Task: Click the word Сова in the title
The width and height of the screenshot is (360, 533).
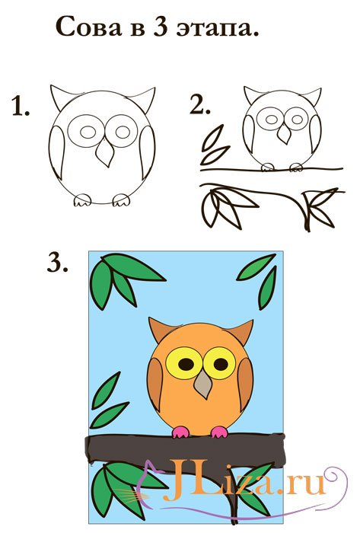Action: pyautogui.click(x=88, y=27)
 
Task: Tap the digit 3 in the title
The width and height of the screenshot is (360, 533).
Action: pyautogui.click(x=161, y=27)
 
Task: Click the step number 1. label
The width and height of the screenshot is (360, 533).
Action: pyautogui.click(x=21, y=106)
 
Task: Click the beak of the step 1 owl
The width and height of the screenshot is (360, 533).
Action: pyautogui.click(x=105, y=154)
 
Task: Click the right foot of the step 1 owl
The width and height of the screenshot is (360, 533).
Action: pyautogui.click(x=121, y=199)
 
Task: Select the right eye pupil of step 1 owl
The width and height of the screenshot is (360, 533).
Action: pyautogui.click(x=123, y=132)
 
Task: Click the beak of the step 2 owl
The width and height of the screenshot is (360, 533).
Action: pyautogui.click(x=284, y=133)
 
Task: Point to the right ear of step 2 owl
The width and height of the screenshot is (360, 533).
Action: pyautogui.click(x=311, y=95)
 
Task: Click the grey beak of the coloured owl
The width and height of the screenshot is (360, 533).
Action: pyautogui.click(x=203, y=384)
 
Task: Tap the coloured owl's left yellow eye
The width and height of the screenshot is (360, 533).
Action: pyautogui.click(x=184, y=363)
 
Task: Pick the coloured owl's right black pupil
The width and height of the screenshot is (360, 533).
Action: pyautogui.click(x=221, y=364)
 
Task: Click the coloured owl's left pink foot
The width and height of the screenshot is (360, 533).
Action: pyautogui.click(x=180, y=432)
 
